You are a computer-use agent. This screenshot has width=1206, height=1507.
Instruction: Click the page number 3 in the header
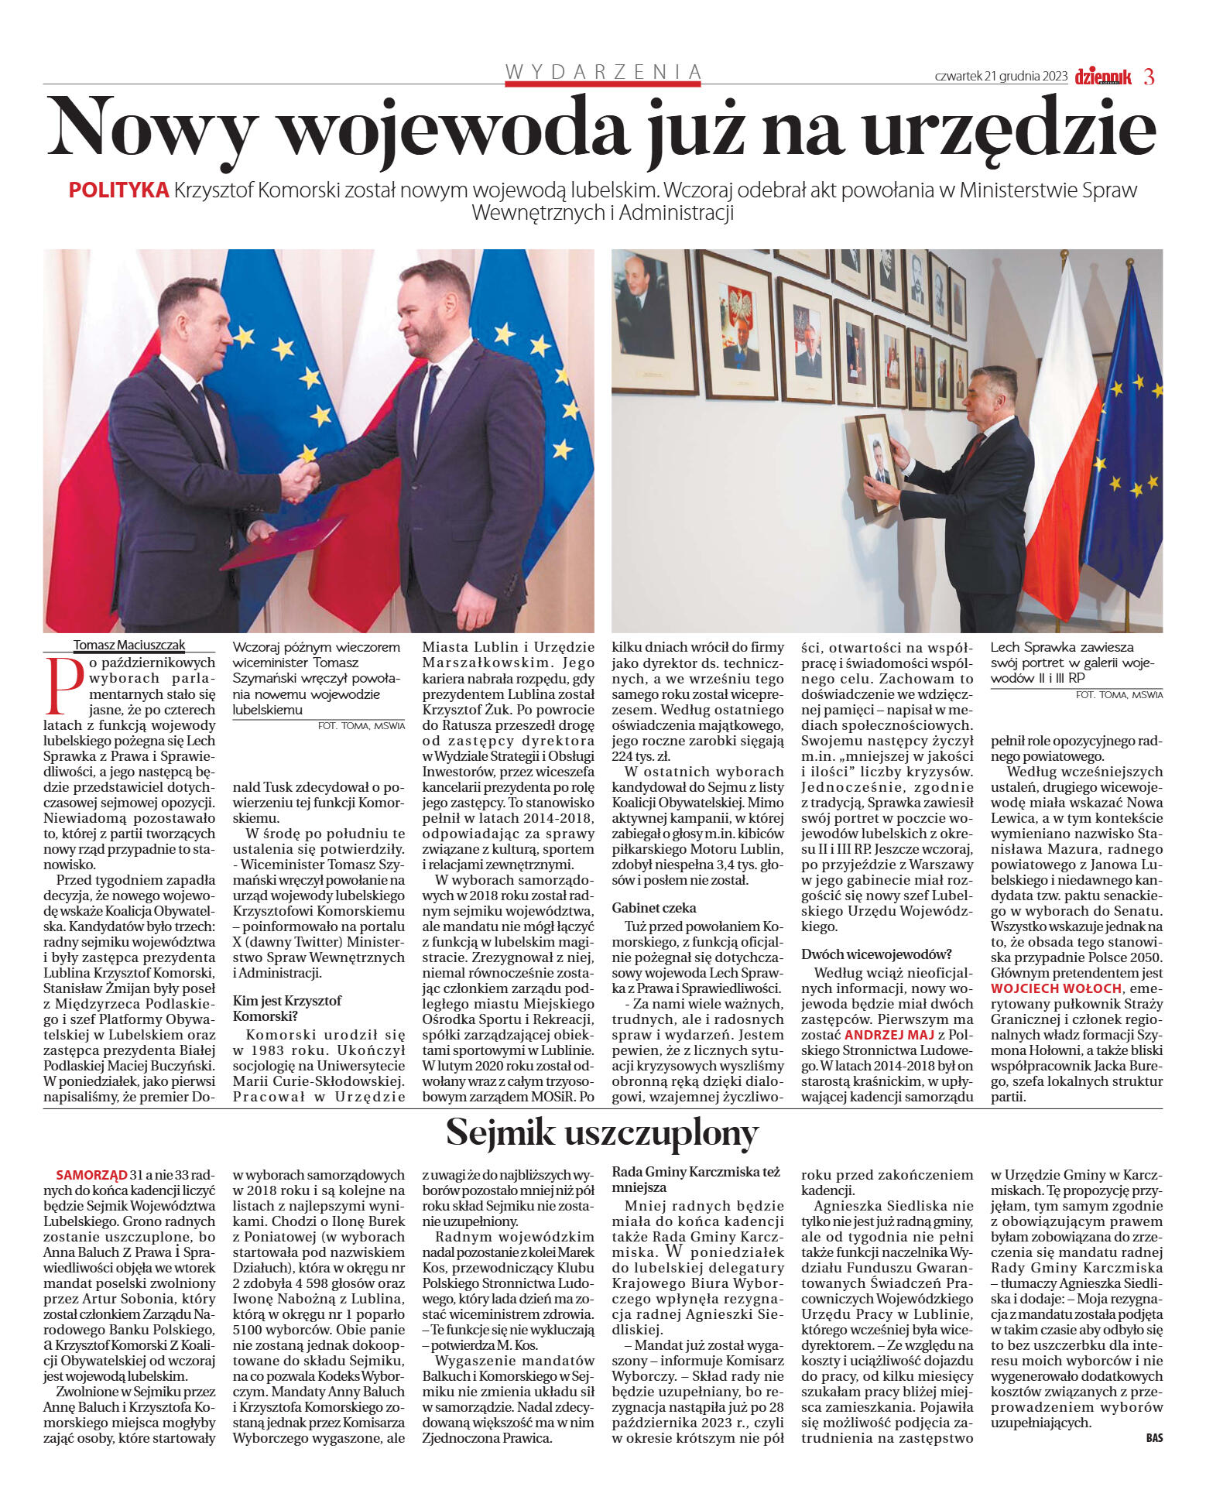pyautogui.click(x=1149, y=77)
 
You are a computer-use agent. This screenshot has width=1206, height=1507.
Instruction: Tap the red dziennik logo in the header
pyautogui.click(x=1103, y=77)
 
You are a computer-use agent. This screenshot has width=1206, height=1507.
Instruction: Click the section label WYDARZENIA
pyautogui.click(x=603, y=72)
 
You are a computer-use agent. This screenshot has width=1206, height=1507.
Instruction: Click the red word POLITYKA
pyautogui.click(x=118, y=190)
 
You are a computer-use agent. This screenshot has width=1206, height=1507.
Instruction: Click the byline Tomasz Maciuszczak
pyautogui.click(x=129, y=645)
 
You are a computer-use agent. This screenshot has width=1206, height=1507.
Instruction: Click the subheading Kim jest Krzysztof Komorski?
pyautogui.click(x=287, y=1008)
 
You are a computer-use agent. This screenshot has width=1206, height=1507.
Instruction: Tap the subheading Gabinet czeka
pyautogui.click(x=654, y=907)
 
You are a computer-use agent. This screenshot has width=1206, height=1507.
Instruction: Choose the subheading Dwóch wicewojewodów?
pyautogui.click(x=876, y=954)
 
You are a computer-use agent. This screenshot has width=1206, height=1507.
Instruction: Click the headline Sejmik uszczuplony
pyautogui.click(x=602, y=1133)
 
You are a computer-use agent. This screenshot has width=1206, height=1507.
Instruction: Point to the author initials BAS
pyautogui.click(x=1154, y=1438)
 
